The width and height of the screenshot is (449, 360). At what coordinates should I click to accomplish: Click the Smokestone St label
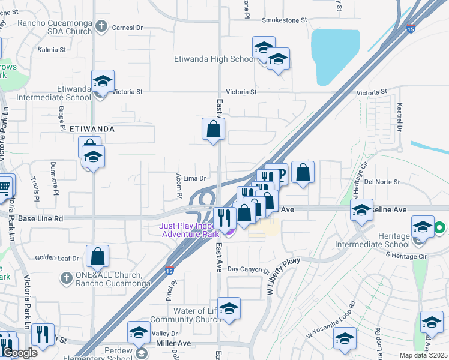click(x=283, y=20)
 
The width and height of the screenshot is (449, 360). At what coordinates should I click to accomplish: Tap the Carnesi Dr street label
click(x=126, y=26)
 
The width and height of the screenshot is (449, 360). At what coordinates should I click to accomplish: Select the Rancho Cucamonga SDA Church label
click(x=55, y=28)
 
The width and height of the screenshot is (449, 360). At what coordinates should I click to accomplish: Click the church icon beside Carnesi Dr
click(x=101, y=26)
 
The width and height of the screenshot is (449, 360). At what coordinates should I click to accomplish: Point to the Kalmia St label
click(x=50, y=50)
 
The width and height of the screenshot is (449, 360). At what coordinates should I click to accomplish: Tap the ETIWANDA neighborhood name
click(x=92, y=129)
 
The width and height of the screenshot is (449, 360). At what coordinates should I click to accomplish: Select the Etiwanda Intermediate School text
click(x=54, y=92)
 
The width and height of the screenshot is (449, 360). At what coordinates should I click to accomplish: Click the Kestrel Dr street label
click(x=399, y=116)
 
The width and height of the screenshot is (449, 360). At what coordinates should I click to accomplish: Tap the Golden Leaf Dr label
click(x=57, y=258)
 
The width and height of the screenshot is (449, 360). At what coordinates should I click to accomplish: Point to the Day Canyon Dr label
click(x=249, y=270)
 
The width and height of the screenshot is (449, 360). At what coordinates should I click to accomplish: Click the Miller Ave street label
click(x=174, y=343)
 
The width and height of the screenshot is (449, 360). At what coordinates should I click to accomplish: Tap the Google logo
click(x=20, y=352)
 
